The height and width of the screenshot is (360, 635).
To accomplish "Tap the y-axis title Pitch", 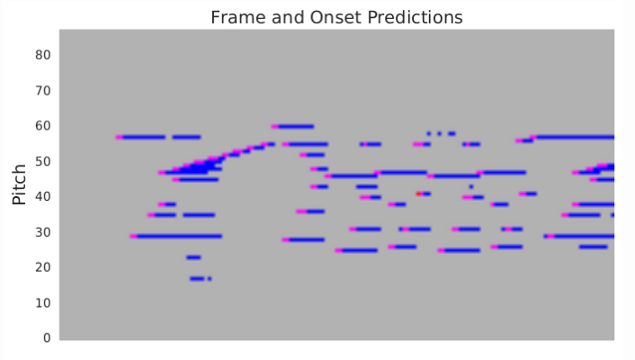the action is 19,184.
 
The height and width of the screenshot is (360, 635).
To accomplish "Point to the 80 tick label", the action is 43,55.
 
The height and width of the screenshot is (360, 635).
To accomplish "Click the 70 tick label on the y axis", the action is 43,90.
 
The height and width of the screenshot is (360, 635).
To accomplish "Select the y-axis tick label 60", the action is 43,126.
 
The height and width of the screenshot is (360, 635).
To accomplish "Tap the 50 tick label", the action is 43,161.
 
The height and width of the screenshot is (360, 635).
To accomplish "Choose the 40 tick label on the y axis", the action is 43,196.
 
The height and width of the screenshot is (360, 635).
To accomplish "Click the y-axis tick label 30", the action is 43,232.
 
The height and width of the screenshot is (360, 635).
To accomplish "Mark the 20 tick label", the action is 43,267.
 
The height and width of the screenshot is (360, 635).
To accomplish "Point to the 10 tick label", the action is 43,302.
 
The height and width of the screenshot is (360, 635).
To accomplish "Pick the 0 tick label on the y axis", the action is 47,338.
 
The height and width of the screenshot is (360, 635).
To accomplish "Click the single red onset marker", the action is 419,193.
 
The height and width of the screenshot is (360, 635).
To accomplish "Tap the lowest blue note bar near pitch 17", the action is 197,278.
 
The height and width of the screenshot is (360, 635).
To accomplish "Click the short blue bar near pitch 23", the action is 193,257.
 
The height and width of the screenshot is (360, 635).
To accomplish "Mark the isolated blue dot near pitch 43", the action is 471,187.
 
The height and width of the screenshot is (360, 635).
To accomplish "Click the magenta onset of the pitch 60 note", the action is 275,127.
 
